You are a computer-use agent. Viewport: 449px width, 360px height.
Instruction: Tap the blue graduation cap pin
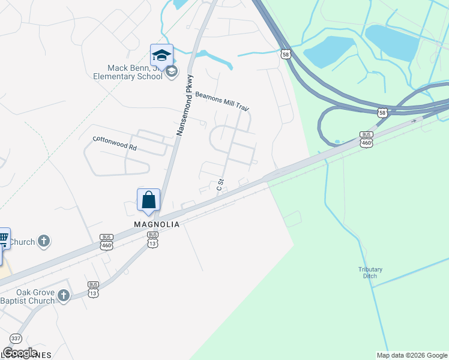coord(161,56)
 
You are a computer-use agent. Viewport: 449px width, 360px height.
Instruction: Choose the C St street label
coord(220,184)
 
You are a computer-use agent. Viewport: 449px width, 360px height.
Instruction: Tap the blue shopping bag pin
coord(149,200)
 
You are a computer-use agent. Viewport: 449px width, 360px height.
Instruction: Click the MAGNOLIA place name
coord(156,224)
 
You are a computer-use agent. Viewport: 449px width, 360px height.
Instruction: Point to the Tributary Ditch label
coord(370,272)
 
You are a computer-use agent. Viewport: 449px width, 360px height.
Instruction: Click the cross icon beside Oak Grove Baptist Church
coord(64,295)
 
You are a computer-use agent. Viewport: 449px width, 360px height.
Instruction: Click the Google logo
coord(20,353)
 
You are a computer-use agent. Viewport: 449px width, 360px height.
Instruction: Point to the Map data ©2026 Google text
coord(412,355)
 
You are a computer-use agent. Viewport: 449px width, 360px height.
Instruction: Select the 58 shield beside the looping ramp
coord(382,112)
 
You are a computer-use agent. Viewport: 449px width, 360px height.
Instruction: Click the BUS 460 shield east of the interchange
coord(367,139)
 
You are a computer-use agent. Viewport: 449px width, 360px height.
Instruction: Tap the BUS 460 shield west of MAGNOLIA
coord(106,242)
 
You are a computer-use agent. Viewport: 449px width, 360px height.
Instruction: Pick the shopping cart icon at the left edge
coord(3,238)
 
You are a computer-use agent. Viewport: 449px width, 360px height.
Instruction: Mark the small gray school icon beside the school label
coord(172,72)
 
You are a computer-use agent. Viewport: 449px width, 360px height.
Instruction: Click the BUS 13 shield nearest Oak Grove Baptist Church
coord(93,289)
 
